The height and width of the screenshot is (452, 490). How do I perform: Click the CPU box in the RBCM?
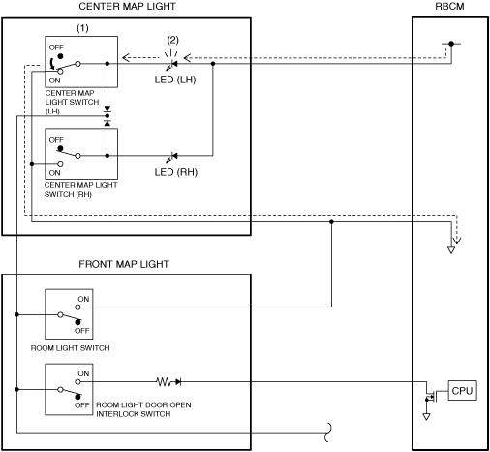(462, 391)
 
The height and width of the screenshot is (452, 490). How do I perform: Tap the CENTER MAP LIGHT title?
(127, 7)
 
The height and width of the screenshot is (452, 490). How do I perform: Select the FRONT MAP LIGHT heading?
(124, 264)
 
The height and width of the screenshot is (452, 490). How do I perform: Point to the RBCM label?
(449, 7)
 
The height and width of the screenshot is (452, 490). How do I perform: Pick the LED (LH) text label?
(175, 80)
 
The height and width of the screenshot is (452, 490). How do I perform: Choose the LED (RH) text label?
(176, 172)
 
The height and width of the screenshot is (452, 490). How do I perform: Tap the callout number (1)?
(82, 28)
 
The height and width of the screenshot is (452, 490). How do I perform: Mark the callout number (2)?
(172, 40)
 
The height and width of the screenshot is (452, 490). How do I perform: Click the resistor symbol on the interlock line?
(164, 382)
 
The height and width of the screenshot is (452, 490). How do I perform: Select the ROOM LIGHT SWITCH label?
(70, 348)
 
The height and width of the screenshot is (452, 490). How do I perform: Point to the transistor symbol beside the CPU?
(431, 395)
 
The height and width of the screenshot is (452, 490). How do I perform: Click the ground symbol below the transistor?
(426, 416)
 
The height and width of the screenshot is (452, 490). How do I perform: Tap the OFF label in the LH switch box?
(56, 48)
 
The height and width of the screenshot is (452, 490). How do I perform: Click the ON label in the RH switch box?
(54, 173)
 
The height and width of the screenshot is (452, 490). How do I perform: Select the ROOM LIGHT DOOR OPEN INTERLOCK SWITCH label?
(143, 409)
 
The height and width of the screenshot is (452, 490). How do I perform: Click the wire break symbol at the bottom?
(328, 433)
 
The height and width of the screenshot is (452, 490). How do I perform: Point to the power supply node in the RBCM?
(451, 44)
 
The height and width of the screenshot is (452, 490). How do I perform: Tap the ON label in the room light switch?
(83, 299)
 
